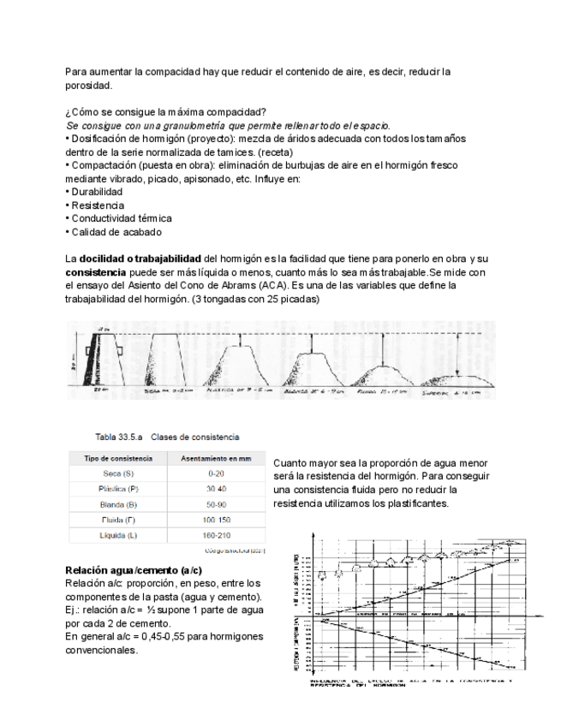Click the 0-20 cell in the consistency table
pyautogui.click(x=216, y=473)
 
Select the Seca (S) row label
pyautogui.click(x=118, y=473)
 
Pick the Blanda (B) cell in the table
pyautogui.click(x=118, y=504)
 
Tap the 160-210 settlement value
pyautogui.click(x=216, y=535)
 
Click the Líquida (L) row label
pyautogui.click(x=118, y=535)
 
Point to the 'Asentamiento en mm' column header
pyautogui.click(x=216, y=458)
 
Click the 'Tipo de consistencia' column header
pyautogui.click(x=118, y=458)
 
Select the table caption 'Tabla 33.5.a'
pyautogui.click(x=118, y=437)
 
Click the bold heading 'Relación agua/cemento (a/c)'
pyautogui.click(x=134, y=570)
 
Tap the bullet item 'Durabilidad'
pyautogui.click(x=98, y=193)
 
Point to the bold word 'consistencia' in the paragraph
pyautogui.click(x=96, y=272)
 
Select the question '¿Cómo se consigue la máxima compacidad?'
pyautogui.click(x=165, y=113)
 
